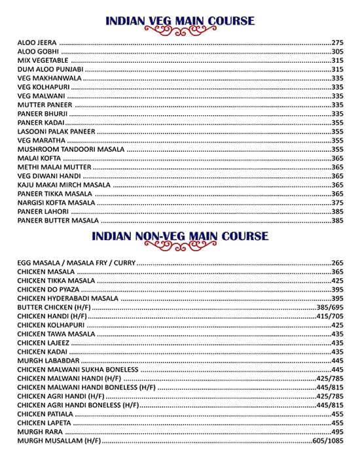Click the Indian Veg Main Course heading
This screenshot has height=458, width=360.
180,21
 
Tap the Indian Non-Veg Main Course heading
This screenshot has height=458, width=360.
180,236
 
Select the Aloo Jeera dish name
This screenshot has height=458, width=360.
37,42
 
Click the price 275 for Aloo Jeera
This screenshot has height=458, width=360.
337,42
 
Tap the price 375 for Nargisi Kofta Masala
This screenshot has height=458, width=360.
337,203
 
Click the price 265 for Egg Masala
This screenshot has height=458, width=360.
337,262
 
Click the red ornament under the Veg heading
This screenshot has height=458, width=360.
180,31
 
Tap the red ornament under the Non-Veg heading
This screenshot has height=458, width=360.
180,246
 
